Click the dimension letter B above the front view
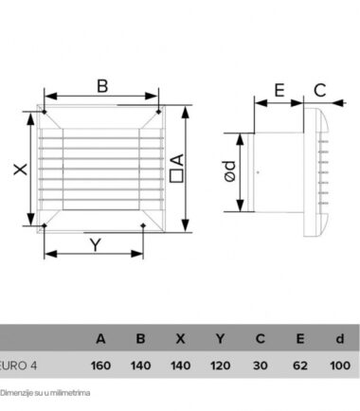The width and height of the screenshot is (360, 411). (102, 86)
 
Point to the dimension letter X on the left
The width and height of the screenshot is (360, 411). (21, 170)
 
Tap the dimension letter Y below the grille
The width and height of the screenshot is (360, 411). (96, 244)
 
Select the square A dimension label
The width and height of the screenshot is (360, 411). (176, 168)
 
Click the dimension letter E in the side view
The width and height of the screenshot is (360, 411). (279, 90)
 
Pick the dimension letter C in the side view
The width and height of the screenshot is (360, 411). (319, 90)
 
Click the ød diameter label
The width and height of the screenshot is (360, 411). (229, 171)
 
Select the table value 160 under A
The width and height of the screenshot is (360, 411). (100, 366)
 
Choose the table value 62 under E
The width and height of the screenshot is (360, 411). (299, 366)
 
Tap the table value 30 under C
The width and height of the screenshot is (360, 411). (261, 366)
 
